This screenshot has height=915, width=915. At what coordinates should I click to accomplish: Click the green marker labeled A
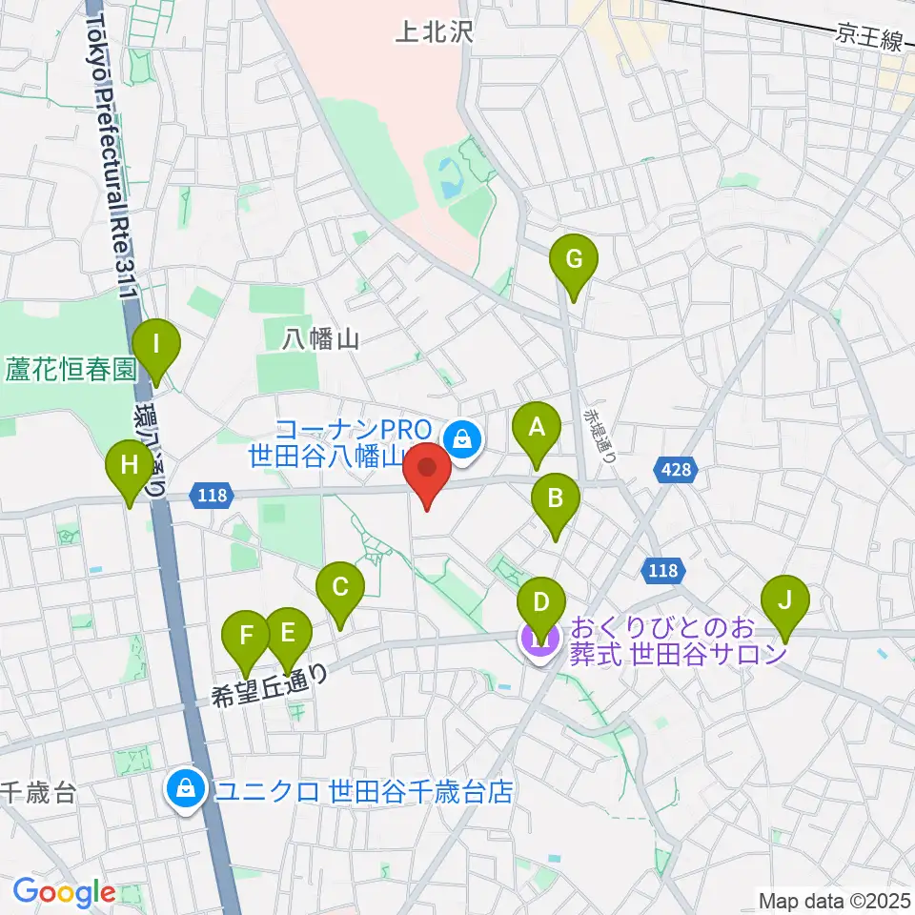(x=537, y=427)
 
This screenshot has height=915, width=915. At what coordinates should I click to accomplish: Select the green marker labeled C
(x=340, y=586)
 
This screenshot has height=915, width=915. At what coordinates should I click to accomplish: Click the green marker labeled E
(x=289, y=632)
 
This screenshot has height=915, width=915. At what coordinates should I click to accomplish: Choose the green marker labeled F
(x=247, y=635)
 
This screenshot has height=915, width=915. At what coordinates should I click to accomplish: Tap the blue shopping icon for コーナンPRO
(x=462, y=440)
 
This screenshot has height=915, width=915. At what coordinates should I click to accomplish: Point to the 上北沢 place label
(x=434, y=34)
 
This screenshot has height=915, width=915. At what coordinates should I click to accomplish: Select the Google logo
(x=63, y=892)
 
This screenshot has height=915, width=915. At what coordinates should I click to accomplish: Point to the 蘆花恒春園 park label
(x=71, y=369)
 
